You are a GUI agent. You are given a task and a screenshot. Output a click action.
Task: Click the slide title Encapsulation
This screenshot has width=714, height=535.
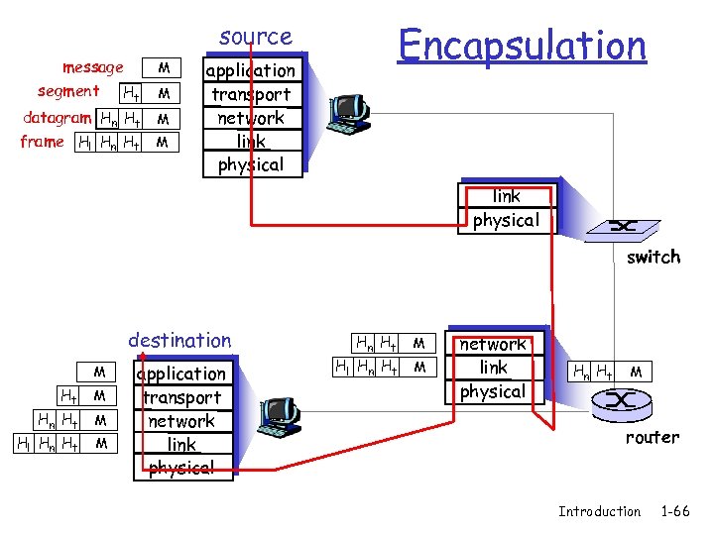point(522,45)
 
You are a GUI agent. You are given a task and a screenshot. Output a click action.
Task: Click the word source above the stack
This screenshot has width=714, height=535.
point(256,37)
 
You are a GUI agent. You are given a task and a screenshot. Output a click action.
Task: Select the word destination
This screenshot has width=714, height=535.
point(179,340)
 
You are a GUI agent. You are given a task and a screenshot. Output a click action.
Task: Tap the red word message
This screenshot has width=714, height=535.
point(92,67)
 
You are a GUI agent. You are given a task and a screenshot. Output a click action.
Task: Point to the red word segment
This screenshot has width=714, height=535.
point(68,91)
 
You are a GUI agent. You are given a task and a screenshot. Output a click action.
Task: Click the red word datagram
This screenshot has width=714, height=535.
point(58,117)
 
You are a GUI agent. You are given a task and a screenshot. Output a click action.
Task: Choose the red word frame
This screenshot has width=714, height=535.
point(42,142)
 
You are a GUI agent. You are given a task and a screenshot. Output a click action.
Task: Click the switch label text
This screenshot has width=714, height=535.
point(653,257)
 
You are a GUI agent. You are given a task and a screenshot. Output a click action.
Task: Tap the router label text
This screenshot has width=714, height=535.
point(652,437)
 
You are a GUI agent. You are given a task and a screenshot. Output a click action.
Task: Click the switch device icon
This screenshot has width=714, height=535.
point(622,227)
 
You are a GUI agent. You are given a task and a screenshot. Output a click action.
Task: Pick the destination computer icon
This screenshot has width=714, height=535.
point(279,417)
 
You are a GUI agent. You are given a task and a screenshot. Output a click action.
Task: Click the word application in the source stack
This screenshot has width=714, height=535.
point(250,70)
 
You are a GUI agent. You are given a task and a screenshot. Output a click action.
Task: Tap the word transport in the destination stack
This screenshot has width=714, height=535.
point(181,397)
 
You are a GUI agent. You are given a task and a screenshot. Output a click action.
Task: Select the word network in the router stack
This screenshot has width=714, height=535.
point(493,344)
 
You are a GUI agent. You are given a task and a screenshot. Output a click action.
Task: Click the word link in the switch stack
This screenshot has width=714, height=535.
point(506,196)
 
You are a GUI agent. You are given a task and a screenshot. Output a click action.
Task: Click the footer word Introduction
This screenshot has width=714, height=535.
point(599,511)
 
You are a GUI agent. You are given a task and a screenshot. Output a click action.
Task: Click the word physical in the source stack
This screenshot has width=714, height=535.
point(250,164)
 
